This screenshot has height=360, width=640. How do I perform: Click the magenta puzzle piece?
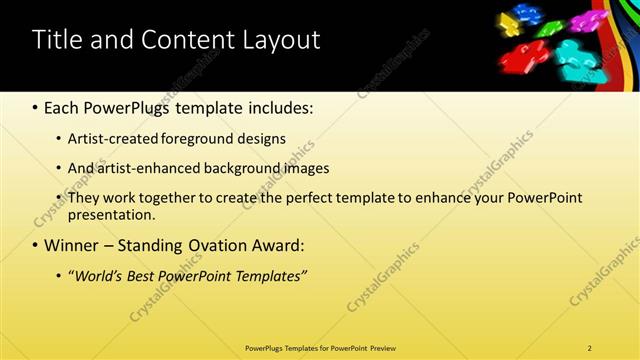pos(583,19)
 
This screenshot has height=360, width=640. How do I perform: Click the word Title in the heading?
pos(59,40)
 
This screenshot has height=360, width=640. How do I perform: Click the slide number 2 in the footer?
pos(590,348)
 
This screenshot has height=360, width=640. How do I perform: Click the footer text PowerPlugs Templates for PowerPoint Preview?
pos(320,348)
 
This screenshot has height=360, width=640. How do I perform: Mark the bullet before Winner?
pos(36,245)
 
